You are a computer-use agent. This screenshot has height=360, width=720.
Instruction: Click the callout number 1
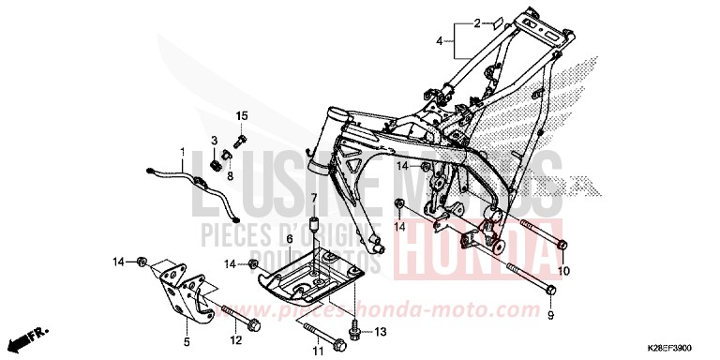tap(184, 151)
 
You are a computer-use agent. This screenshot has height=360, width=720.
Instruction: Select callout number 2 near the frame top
tap(476, 22)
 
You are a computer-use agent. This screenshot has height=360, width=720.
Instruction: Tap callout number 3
tap(214, 140)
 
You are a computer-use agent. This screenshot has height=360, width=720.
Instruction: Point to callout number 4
tap(439, 41)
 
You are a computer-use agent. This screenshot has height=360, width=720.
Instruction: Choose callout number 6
tap(291, 239)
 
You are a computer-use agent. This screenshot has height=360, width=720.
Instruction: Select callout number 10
tap(563, 272)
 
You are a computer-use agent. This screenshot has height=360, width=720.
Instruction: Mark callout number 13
tap(380, 332)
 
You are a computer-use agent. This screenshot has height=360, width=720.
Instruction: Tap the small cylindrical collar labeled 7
tap(316, 226)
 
